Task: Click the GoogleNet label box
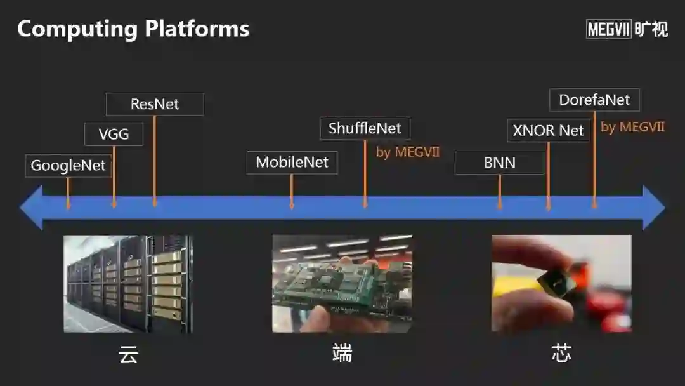coord(68,166)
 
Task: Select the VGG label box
coord(114,134)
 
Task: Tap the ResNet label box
coord(155,104)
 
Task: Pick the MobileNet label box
coord(292,163)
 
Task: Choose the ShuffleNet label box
coord(365,128)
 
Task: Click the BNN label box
coord(500,163)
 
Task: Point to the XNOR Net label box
coord(548,131)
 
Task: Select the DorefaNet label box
coord(594,100)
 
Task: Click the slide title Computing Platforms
coord(133,29)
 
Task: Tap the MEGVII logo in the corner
coord(627,29)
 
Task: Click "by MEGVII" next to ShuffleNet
coord(408,152)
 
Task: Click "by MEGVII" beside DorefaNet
coord(632,127)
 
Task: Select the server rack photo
coord(128,284)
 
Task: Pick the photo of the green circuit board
coord(342,284)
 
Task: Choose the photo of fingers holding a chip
coord(561,284)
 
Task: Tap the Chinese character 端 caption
coord(342,353)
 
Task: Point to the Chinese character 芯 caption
coord(561,353)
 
